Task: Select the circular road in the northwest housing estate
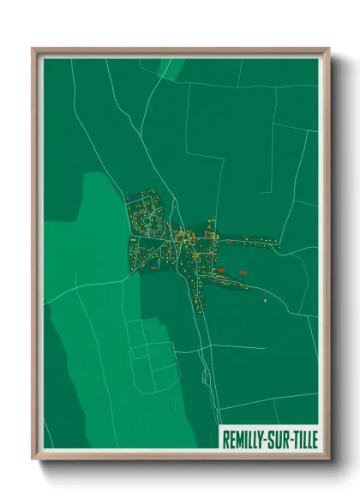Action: click(147, 219)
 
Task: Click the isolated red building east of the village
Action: click(244, 272)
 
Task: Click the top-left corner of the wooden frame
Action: click(33, 50)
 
